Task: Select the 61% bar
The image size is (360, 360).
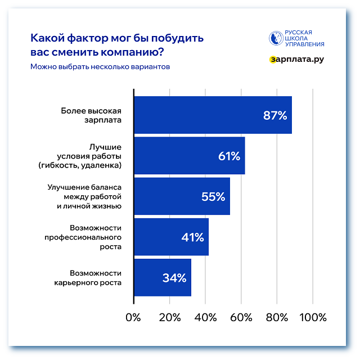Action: (x=189, y=156)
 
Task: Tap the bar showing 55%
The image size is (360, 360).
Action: (x=182, y=196)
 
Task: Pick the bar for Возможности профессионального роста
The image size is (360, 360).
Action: (x=171, y=237)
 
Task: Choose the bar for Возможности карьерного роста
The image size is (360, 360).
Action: (x=162, y=277)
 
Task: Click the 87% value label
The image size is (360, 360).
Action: (x=275, y=116)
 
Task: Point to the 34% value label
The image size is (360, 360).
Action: (x=174, y=278)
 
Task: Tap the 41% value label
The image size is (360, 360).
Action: (x=192, y=237)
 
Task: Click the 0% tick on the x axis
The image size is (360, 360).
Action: (x=133, y=318)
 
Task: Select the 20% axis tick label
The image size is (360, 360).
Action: (x=169, y=318)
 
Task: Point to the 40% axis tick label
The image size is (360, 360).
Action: (x=205, y=318)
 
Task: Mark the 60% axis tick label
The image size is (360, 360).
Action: (x=241, y=318)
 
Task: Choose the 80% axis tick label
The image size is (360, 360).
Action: (x=277, y=318)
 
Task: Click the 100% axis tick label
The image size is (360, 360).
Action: (x=313, y=318)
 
